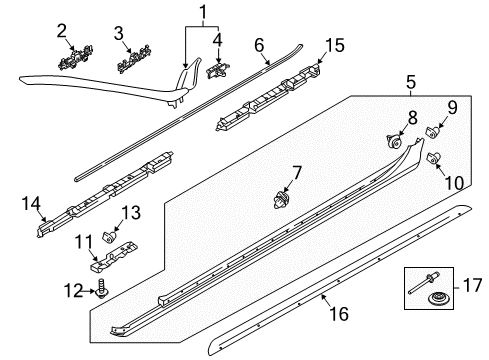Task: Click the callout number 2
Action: coord(62,31)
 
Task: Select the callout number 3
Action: coord(119,34)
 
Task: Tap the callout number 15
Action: coord(335,45)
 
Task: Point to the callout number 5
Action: coord(411,82)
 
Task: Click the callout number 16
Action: coord(339,314)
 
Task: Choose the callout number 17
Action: coord(472,285)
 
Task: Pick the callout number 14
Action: coord(31,204)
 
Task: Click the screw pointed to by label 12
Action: coord(102,289)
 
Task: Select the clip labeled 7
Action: coord(282,200)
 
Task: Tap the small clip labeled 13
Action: coord(109,237)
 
